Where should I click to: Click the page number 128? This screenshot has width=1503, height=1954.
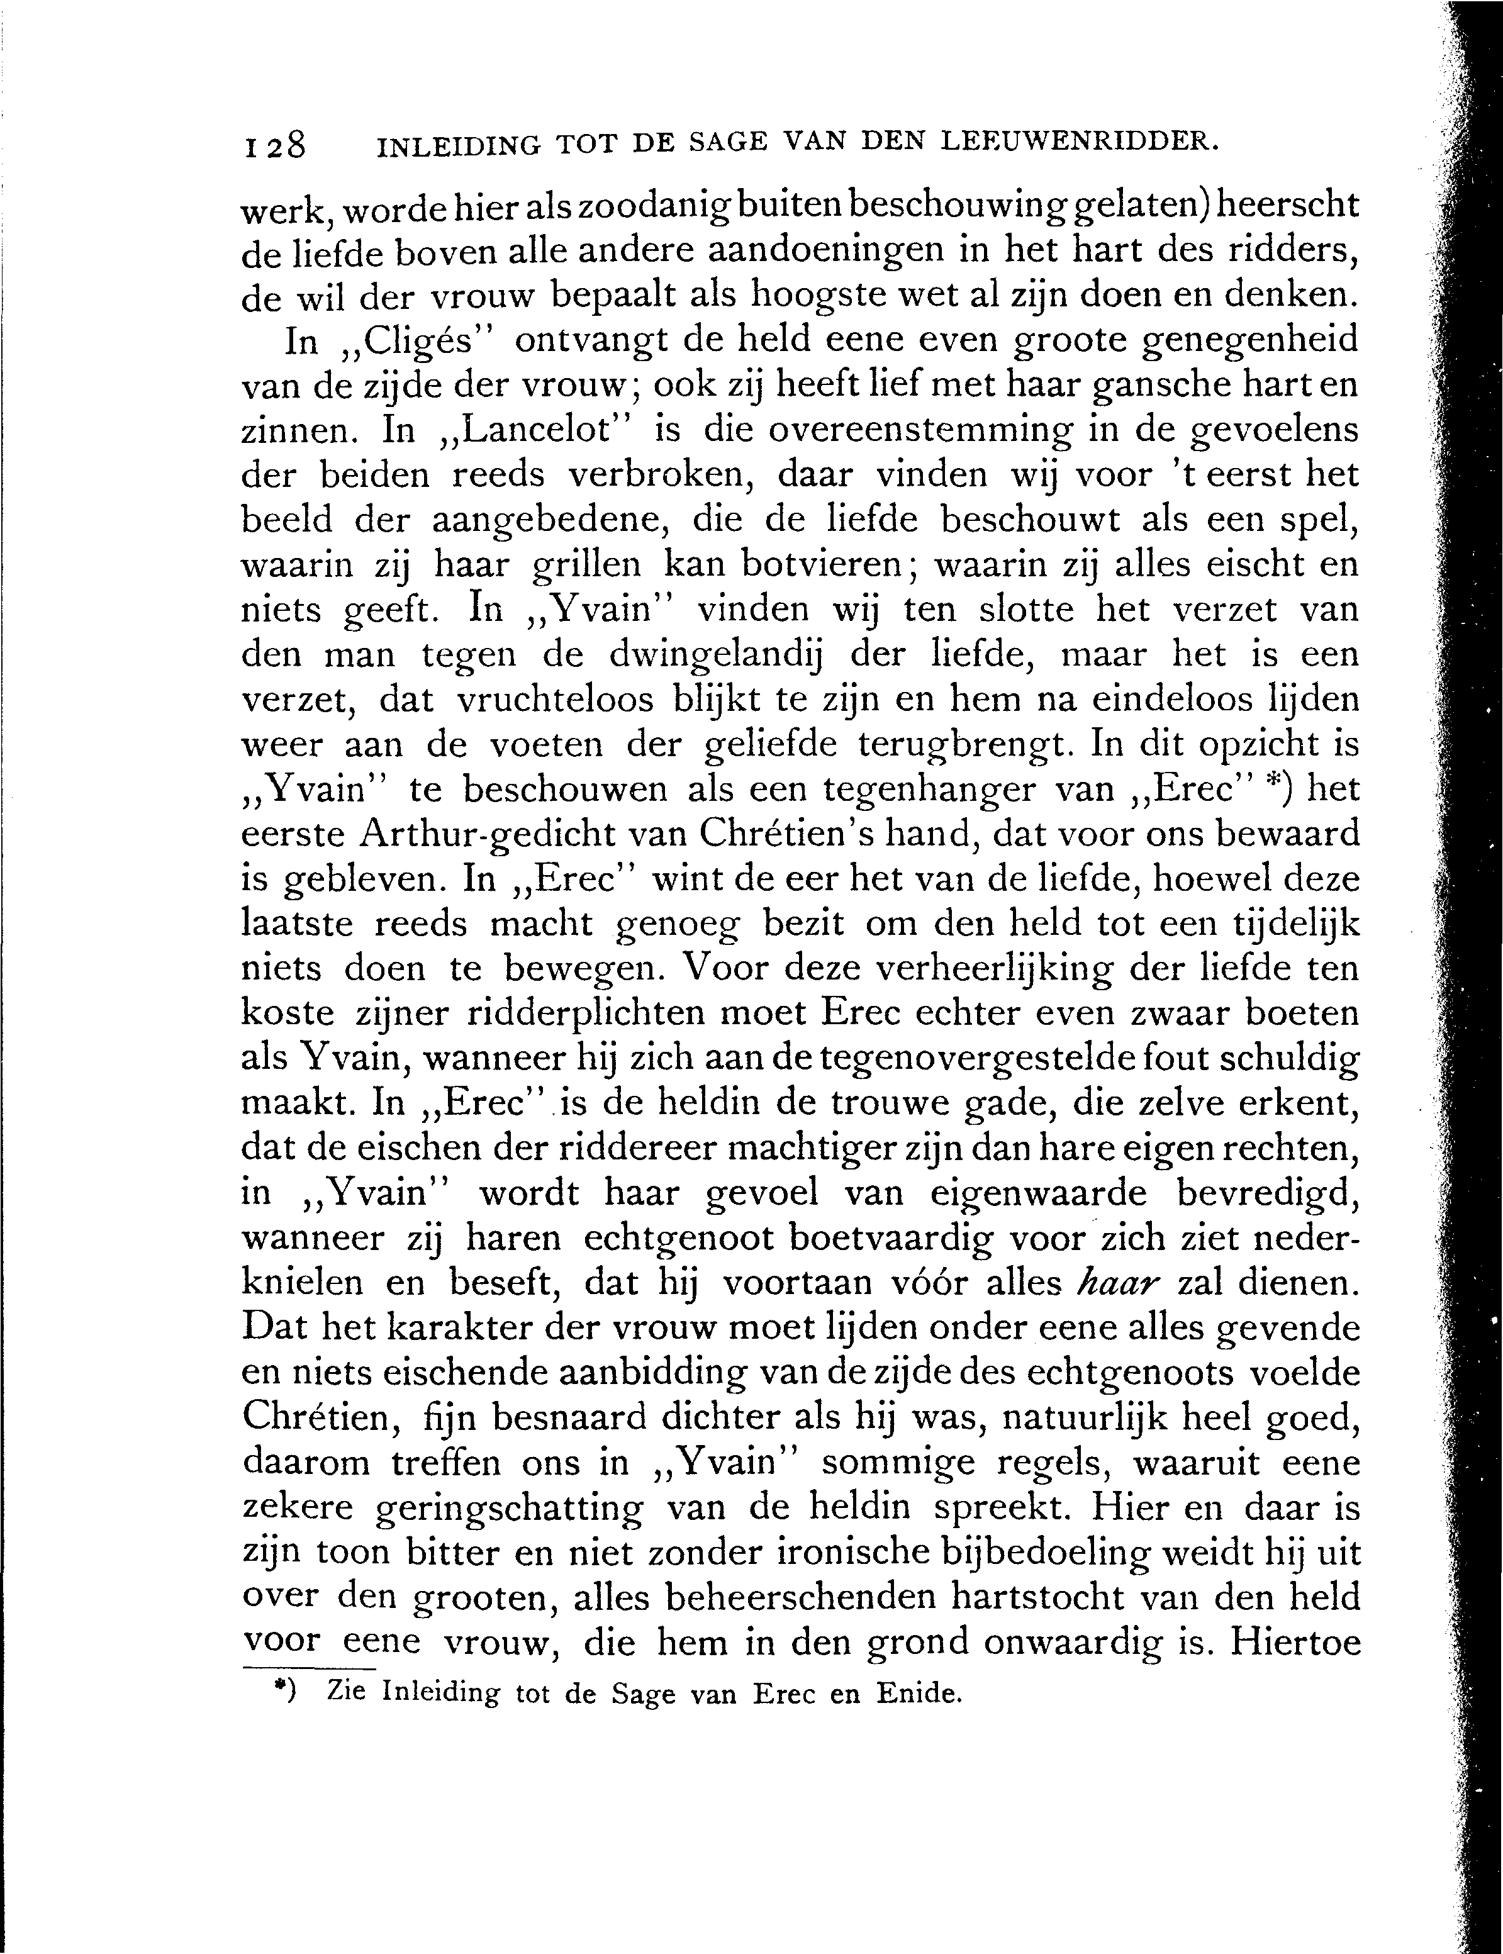click(274, 145)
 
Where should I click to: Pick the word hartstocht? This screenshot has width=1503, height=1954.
click(1020, 1599)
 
